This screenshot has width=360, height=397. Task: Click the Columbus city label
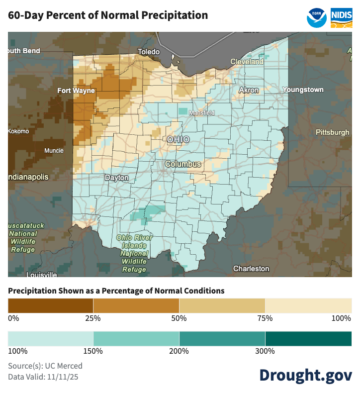click(x=183, y=164)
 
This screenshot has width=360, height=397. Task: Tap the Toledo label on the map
click(x=149, y=52)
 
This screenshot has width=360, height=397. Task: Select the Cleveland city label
click(x=247, y=62)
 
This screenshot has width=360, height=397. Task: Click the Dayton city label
click(x=116, y=178)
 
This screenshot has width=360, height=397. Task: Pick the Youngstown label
click(x=303, y=90)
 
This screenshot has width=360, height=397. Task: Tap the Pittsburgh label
click(x=332, y=132)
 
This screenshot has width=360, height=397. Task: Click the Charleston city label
click(x=251, y=269)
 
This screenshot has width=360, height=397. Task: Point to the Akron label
click(x=249, y=90)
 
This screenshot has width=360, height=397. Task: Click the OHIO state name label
click(x=178, y=139)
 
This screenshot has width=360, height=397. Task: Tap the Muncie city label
click(x=54, y=150)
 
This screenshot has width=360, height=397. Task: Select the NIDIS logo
click(x=342, y=17)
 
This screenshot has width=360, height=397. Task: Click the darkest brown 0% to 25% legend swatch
click(x=51, y=304)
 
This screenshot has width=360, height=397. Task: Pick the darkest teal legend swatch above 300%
click(x=308, y=338)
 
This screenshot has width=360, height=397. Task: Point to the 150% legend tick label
click(x=93, y=351)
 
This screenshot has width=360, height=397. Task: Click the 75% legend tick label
click(x=265, y=318)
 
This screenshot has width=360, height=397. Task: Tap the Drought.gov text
click(x=305, y=375)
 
